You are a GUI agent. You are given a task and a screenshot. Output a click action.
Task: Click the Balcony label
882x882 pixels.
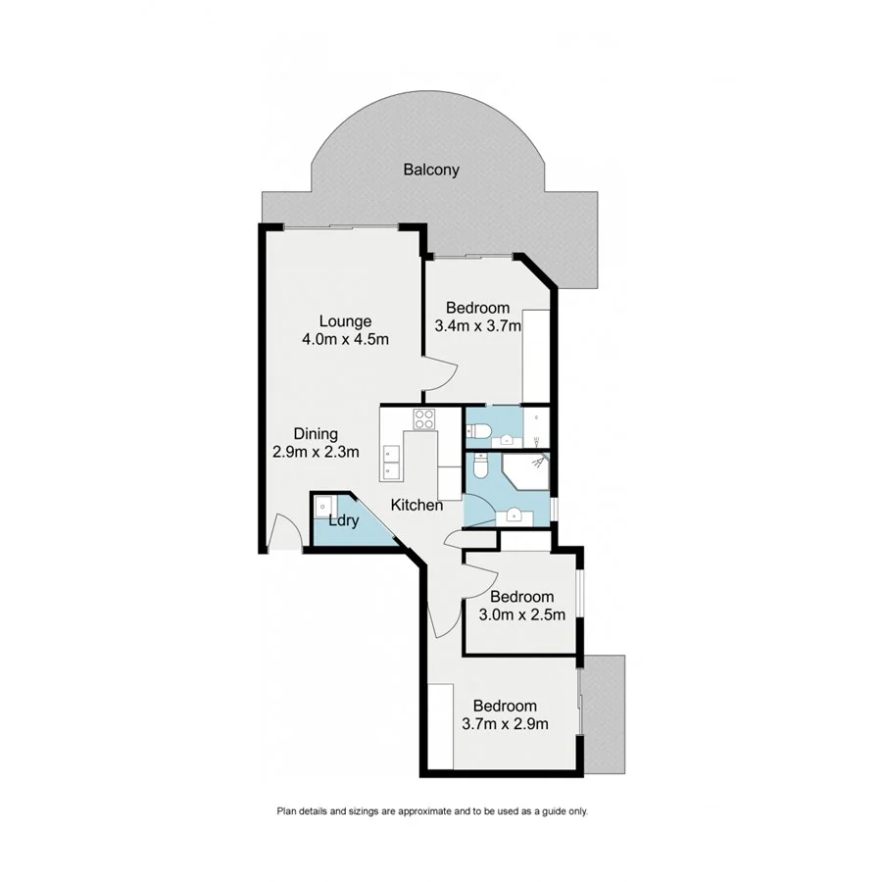point(431,170)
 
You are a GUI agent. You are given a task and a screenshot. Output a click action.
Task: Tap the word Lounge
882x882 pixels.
point(345,320)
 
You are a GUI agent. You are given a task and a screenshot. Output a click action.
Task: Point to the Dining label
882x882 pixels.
point(317,433)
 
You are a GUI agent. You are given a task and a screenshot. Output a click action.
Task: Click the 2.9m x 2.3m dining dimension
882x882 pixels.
point(317,452)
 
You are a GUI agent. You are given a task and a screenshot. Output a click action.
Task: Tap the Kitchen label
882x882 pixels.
point(416,506)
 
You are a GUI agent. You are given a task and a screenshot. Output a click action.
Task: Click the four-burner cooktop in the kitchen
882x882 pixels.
point(424,419)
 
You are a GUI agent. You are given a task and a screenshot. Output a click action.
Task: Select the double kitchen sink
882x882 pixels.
point(392,460)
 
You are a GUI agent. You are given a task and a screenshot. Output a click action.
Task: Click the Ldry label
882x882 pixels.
point(342,521)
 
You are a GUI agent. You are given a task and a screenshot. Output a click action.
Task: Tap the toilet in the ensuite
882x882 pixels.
point(478,430)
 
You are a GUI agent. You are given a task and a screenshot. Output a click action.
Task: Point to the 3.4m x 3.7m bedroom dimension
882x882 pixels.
point(478,326)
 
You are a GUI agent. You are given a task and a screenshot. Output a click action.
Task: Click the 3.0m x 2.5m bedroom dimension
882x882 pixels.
point(522,615)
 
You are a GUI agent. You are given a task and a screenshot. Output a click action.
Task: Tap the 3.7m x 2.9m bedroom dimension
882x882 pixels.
point(505,724)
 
